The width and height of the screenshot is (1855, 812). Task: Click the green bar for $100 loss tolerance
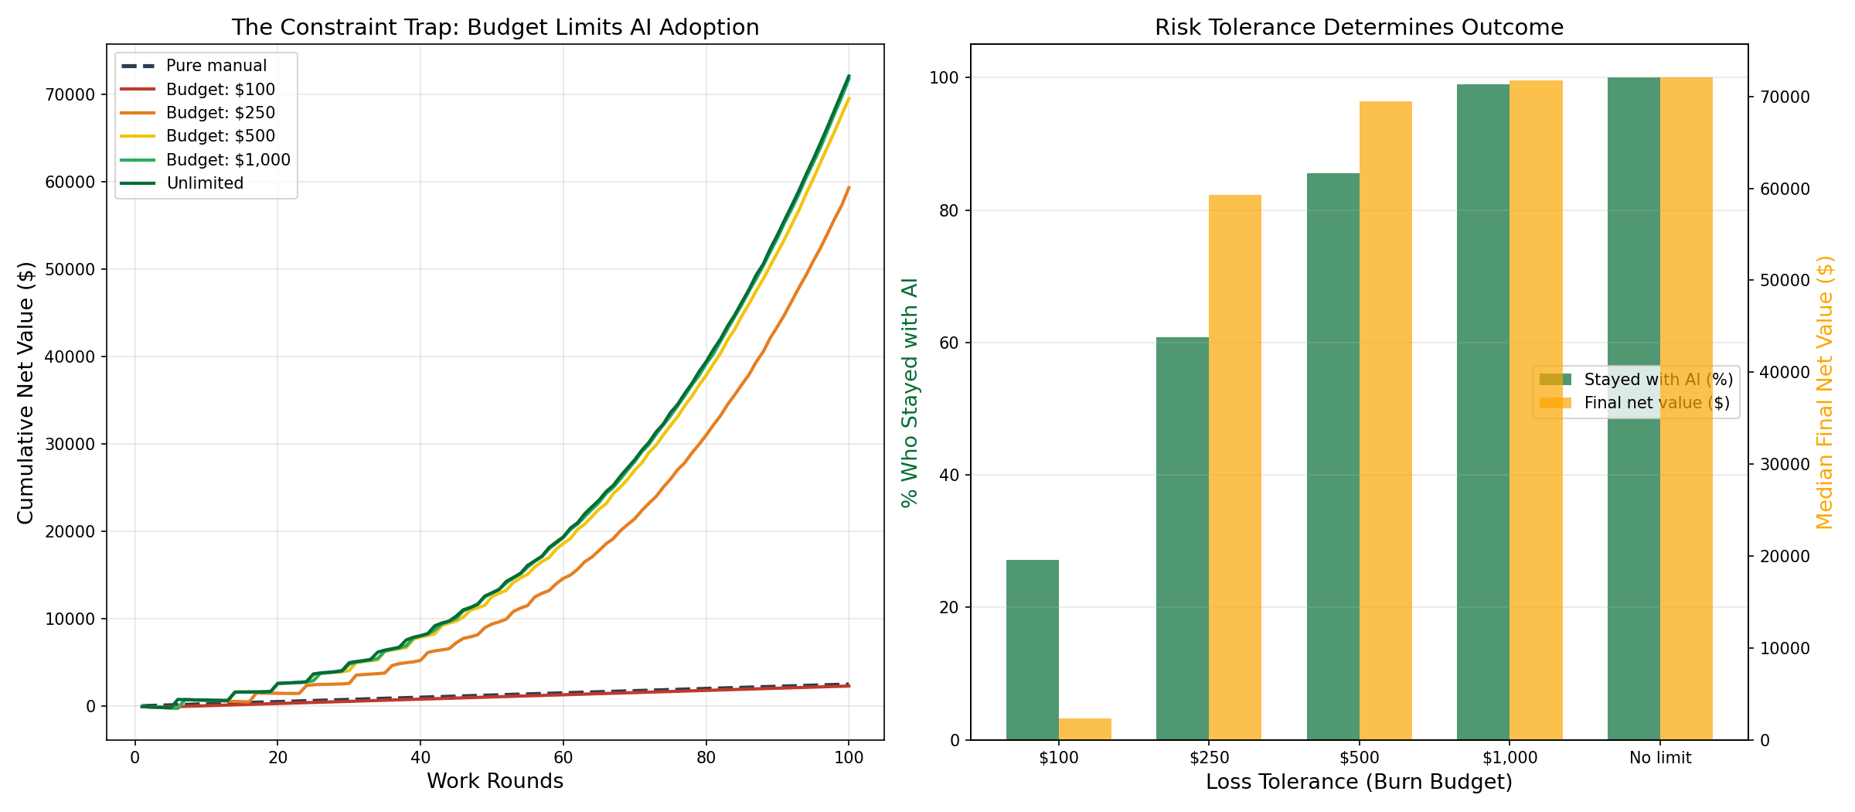[1032, 650]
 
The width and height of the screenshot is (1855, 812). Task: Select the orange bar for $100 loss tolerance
[1084, 729]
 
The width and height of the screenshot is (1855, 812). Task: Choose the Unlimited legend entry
[205, 183]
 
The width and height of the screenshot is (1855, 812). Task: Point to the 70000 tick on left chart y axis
[73, 95]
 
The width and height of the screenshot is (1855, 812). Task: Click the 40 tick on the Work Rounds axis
[420, 758]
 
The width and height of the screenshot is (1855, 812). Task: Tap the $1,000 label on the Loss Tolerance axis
[1510, 759]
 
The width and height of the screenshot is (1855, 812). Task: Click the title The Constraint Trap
[495, 28]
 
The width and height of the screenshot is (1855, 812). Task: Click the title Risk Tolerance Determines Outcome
[1359, 28]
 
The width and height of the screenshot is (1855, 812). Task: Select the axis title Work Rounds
[495, 782]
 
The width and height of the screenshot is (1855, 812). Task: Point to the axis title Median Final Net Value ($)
[1825, 392]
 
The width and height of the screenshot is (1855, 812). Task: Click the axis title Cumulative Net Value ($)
[26, 392]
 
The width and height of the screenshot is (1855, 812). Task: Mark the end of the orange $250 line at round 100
[849, 187]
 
